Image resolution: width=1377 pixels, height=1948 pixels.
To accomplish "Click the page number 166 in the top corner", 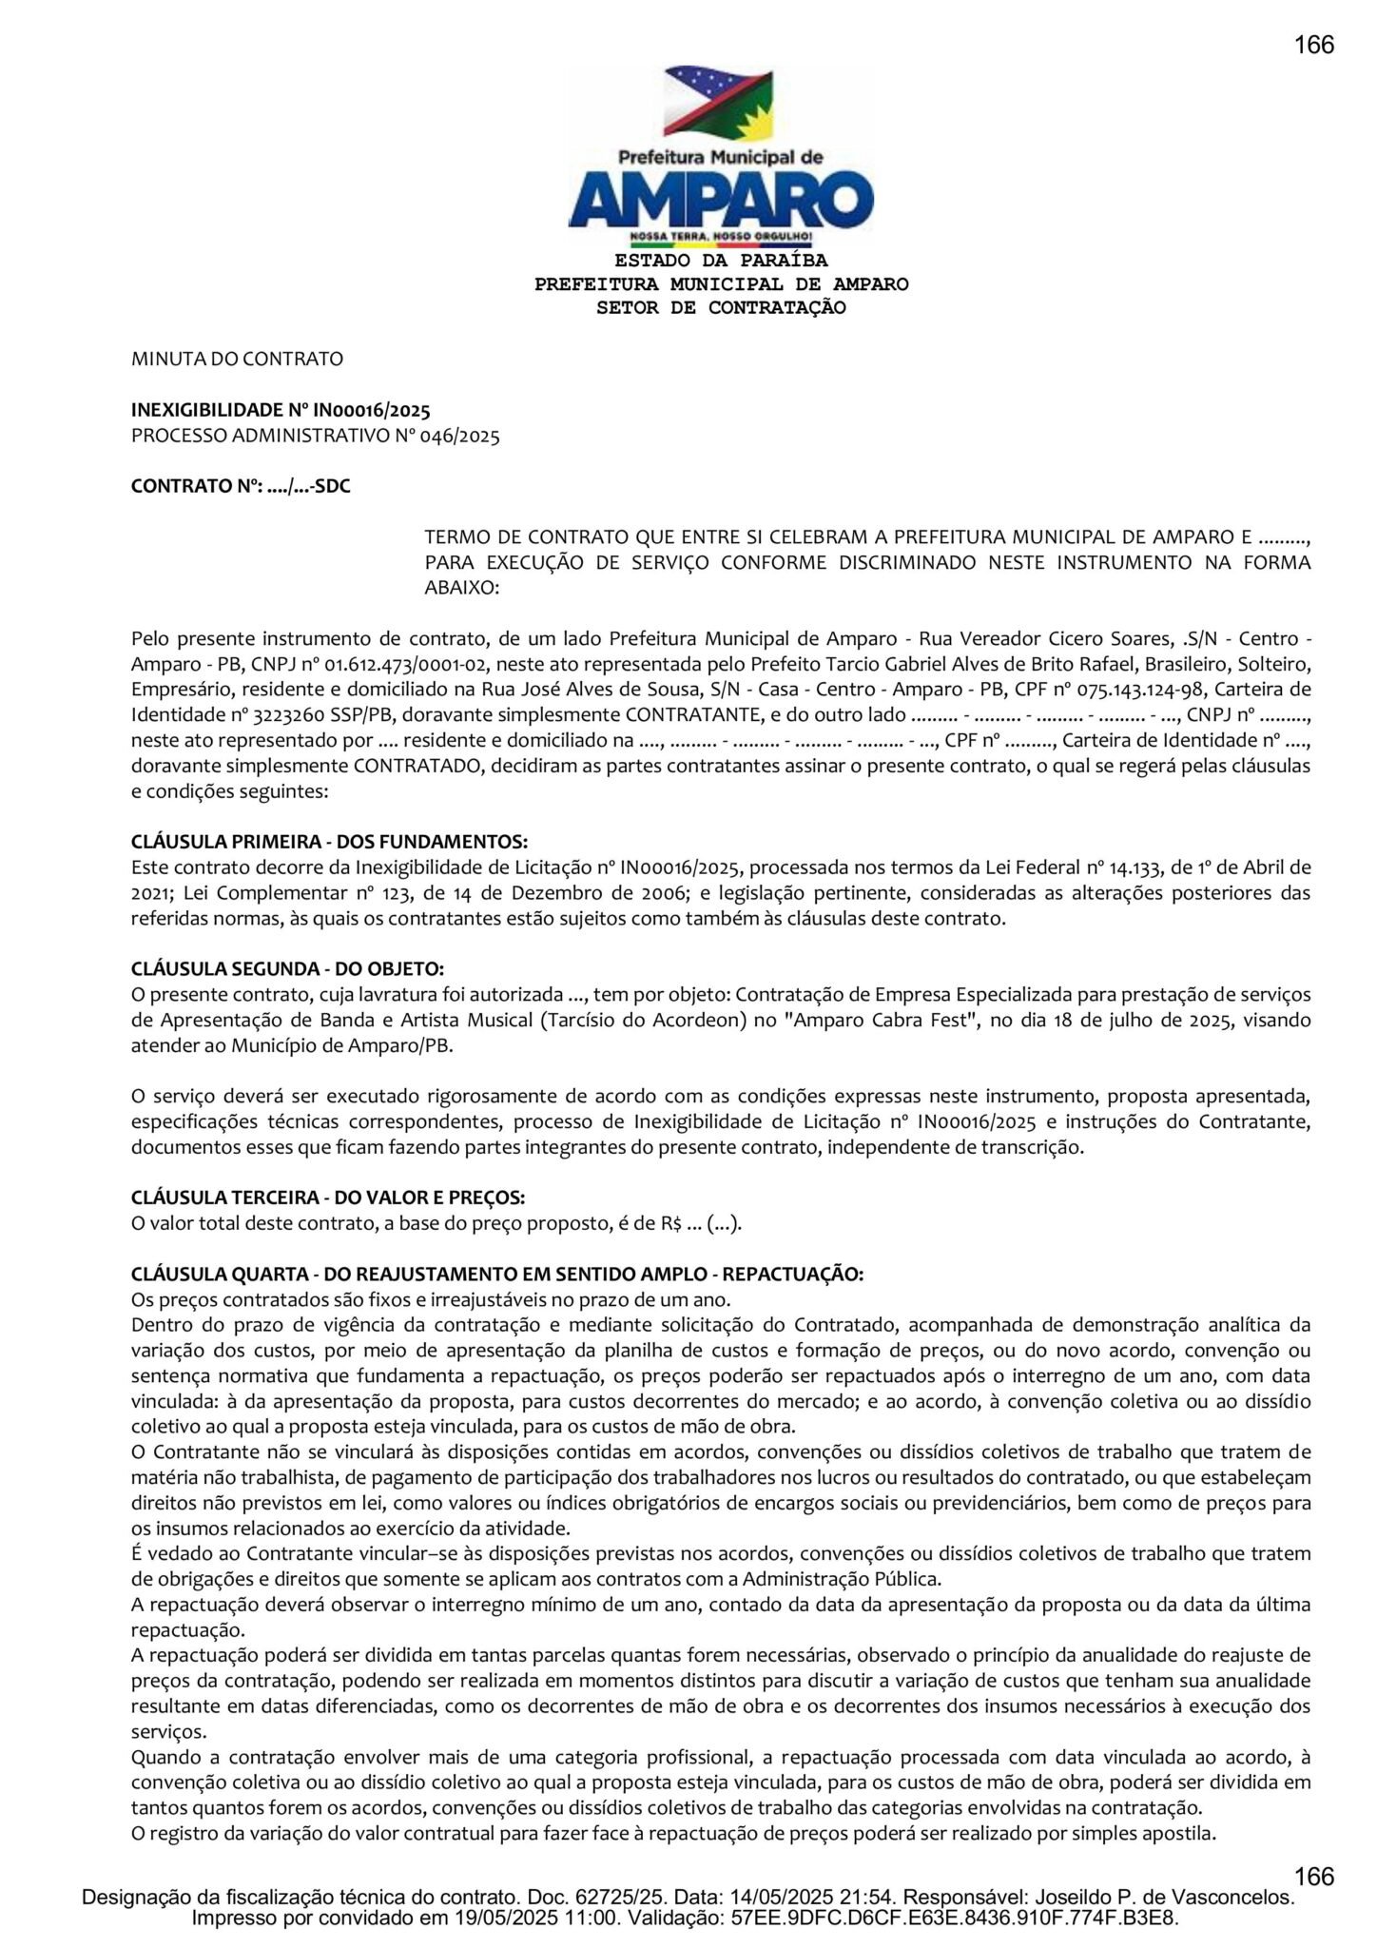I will [1313, 45].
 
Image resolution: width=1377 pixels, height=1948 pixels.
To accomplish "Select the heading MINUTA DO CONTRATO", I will [237, 360].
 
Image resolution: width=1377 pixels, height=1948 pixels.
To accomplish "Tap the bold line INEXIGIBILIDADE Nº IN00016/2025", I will [281, 411].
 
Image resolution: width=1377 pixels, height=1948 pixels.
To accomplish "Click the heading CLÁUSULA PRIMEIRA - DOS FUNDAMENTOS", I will [329, 843].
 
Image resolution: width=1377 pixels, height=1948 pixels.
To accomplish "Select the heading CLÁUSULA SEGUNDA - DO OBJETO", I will [287, 968].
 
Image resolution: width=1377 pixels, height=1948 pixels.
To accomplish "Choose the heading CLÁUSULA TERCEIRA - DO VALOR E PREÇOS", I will [328, 1197].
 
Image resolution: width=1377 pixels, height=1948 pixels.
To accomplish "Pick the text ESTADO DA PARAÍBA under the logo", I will [721, 261].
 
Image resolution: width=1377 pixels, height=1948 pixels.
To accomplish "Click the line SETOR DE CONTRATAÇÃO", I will [721, 307].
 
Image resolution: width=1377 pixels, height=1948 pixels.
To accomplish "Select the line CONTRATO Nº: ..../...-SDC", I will [241, 487].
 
